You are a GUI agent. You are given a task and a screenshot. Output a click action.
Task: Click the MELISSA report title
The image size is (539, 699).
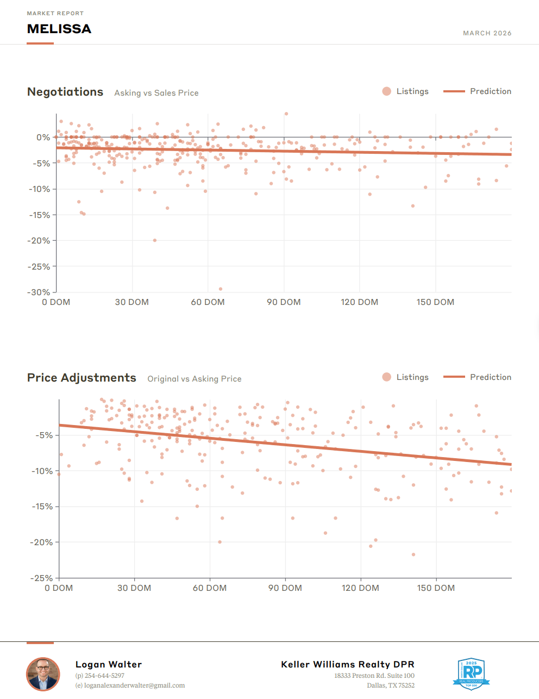click(59, 29)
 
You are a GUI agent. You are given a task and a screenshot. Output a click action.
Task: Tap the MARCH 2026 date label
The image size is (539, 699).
click(487, 33)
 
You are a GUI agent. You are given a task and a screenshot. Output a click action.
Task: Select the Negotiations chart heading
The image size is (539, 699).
click(65, 92)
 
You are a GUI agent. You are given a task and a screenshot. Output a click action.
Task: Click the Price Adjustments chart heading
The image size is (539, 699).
click(82, 378)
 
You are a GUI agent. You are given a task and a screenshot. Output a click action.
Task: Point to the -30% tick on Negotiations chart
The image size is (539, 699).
click(39, 292)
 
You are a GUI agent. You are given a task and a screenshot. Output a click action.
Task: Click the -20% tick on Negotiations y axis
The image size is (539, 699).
click(39, 241)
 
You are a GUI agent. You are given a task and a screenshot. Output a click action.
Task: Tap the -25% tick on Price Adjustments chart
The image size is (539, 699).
click(42, 578)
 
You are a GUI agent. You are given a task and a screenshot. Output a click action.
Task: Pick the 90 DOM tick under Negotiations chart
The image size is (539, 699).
click(284, 302)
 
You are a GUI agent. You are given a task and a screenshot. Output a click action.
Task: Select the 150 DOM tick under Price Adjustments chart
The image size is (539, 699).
click(436, 588)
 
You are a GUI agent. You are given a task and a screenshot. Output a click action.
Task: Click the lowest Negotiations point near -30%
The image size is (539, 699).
click(221, 289)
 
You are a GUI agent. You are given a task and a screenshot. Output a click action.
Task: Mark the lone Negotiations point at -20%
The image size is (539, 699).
click(155, 240)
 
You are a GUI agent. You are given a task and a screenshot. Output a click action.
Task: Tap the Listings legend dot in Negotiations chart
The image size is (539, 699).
click(387, 91)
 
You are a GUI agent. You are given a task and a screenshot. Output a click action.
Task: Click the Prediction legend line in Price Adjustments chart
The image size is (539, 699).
click(454, 377)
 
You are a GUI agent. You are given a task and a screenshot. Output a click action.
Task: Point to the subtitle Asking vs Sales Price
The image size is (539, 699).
click(156, 93)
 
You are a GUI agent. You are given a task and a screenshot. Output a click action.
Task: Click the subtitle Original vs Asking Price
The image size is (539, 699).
click(195, 379)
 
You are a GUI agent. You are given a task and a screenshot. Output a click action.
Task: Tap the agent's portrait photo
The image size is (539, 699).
click(43, 674)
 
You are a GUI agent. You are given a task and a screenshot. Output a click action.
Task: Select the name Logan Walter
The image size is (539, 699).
click(109, 664)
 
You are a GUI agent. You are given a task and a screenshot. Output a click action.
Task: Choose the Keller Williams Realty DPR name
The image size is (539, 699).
click(348, 664)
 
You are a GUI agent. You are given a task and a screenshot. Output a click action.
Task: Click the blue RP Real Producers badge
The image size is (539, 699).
click(471, 674)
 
